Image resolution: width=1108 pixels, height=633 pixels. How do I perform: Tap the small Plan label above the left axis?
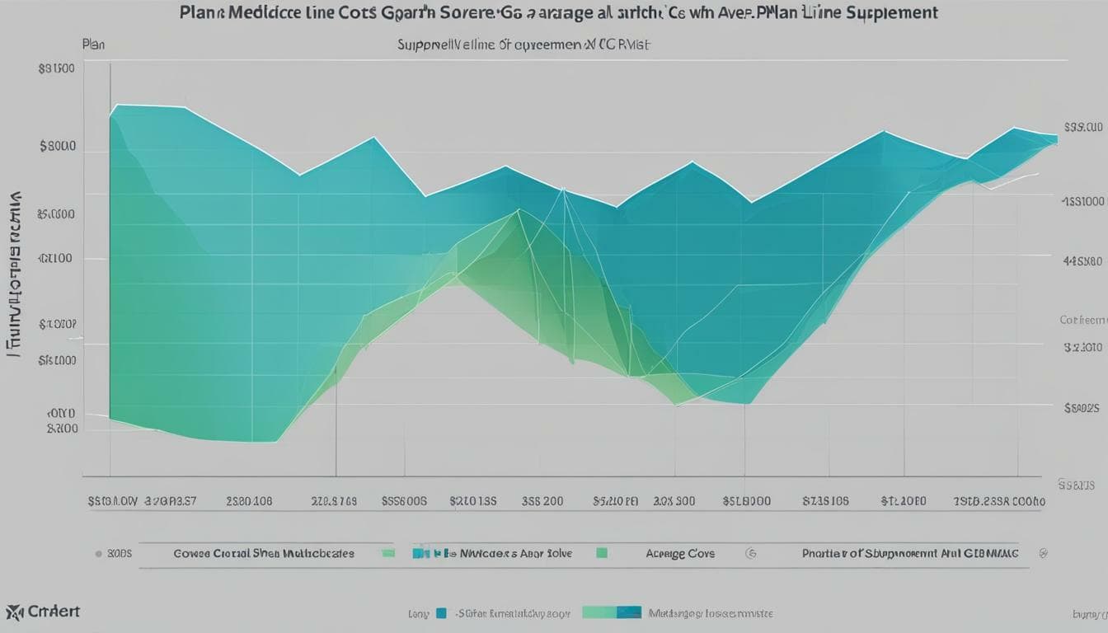[x=94, y=45]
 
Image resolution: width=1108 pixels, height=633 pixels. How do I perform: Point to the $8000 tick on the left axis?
[x=58, y=147]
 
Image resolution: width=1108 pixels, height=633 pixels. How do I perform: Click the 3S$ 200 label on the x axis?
[x=542, y=500]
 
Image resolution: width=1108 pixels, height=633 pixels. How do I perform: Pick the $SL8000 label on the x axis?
[x=746, y=500]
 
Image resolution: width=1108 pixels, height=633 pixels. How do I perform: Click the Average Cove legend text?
[x=680, y=554]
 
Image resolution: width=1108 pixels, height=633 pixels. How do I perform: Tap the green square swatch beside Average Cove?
[x=602, y=554]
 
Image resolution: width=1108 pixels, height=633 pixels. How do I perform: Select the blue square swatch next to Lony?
[x=441, y=613]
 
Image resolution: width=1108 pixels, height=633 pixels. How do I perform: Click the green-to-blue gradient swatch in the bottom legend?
[x=611, y=612]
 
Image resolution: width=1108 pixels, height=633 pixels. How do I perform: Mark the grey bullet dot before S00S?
[x=99, y=554]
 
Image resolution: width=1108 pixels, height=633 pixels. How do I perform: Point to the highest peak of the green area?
[x=519, y=211]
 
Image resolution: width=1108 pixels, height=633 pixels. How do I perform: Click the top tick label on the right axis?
[x=1083, y=128]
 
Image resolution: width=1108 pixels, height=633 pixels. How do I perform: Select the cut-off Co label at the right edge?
[x=1082, y=320]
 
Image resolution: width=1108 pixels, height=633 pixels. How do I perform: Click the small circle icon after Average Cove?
[x=750, y=554]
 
